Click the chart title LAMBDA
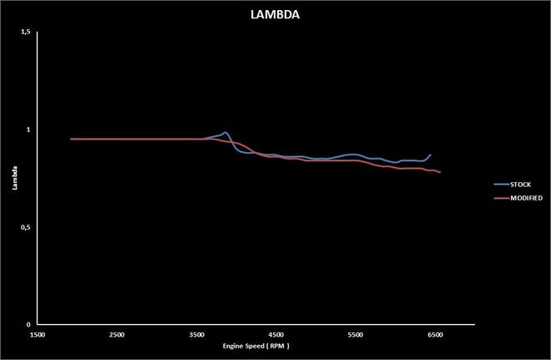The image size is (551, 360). tap(275, 14)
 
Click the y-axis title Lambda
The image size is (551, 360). tap(13, 179)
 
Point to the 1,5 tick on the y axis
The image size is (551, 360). tap(24, 32)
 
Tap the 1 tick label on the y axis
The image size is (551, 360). tap(28, 129)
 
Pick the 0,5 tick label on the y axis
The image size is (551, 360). tap(24, 227)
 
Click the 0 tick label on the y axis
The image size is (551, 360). tap(28, 325)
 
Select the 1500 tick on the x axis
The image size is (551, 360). tap(38, 334)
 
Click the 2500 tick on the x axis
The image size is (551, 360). tap(117, 334)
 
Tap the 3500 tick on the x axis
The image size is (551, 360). tap(196, 334)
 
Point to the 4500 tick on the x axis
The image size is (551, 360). tap(276, 334)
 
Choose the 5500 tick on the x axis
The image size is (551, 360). tap(356, 334)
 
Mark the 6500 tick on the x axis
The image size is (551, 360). tap(435, 334)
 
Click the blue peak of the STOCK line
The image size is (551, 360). tap(225, 132)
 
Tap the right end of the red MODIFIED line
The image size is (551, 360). tap(440, 172)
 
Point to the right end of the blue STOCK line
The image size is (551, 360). tap(431, 155)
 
